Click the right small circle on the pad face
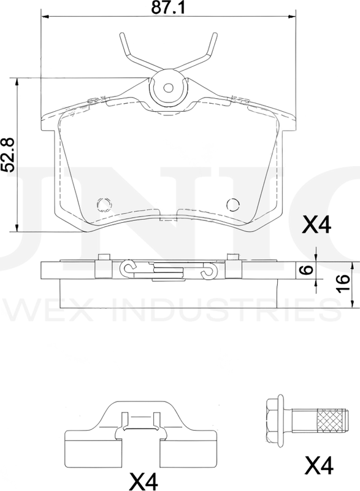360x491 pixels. click(x=232, y=204)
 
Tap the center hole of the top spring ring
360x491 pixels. click(x=167, y=87)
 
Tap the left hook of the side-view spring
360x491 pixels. click(x=128, y=268)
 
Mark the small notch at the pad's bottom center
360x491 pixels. click(x=168, y=216)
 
